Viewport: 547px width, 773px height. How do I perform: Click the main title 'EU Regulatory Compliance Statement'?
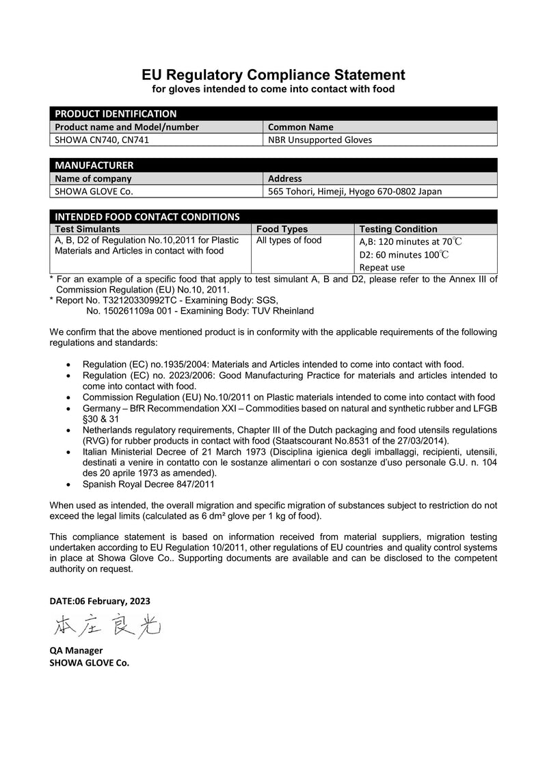click(273, 74)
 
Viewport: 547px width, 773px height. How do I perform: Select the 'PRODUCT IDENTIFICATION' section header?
click(116, 113)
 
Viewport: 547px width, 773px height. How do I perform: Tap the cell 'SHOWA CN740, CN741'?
click(102, 140)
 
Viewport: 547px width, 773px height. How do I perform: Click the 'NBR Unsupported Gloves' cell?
click(320, 140)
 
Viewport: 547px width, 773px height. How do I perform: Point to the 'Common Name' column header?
click(300, 127)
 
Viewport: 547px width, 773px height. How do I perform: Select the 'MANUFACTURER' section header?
click(94, 165)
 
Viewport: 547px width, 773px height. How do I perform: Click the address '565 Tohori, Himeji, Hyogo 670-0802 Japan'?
click(355, 191)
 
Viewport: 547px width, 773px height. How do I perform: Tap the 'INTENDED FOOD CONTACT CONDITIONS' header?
click(147, 217)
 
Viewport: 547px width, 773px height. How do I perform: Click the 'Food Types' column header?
click(282, 229)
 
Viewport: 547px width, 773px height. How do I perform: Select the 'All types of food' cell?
click(289, 241)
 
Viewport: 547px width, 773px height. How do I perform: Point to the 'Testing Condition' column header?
click(398, 229)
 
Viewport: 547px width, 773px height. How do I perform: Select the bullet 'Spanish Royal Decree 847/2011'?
click(148, 484)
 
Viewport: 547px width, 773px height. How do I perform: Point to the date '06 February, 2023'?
click(112, 601)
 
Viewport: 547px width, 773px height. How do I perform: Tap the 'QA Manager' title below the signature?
click(76, 651)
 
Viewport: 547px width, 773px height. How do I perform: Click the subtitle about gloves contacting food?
click(273, 90)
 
